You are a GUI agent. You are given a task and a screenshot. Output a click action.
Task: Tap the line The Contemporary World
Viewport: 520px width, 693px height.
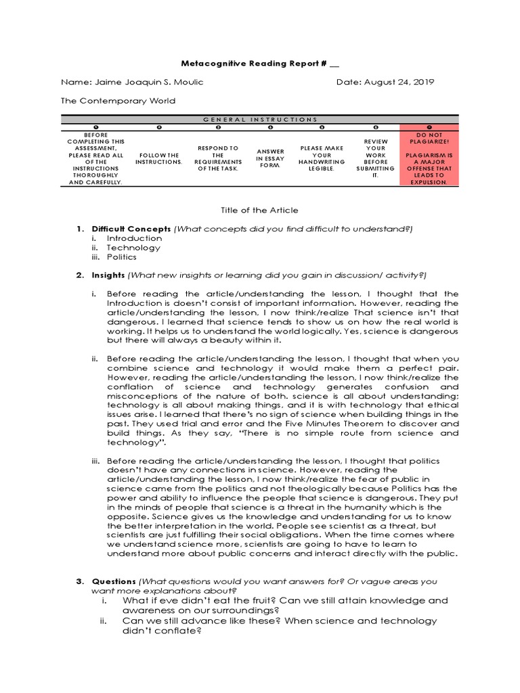click(x=118, y=101)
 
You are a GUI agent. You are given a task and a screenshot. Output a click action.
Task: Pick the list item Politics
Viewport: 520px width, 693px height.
click(x=121, y=257)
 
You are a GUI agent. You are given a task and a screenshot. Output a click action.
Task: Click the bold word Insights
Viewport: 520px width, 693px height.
click(x=108, y=275)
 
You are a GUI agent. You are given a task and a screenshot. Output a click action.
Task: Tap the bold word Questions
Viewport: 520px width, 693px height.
click(x=114, y=581)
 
